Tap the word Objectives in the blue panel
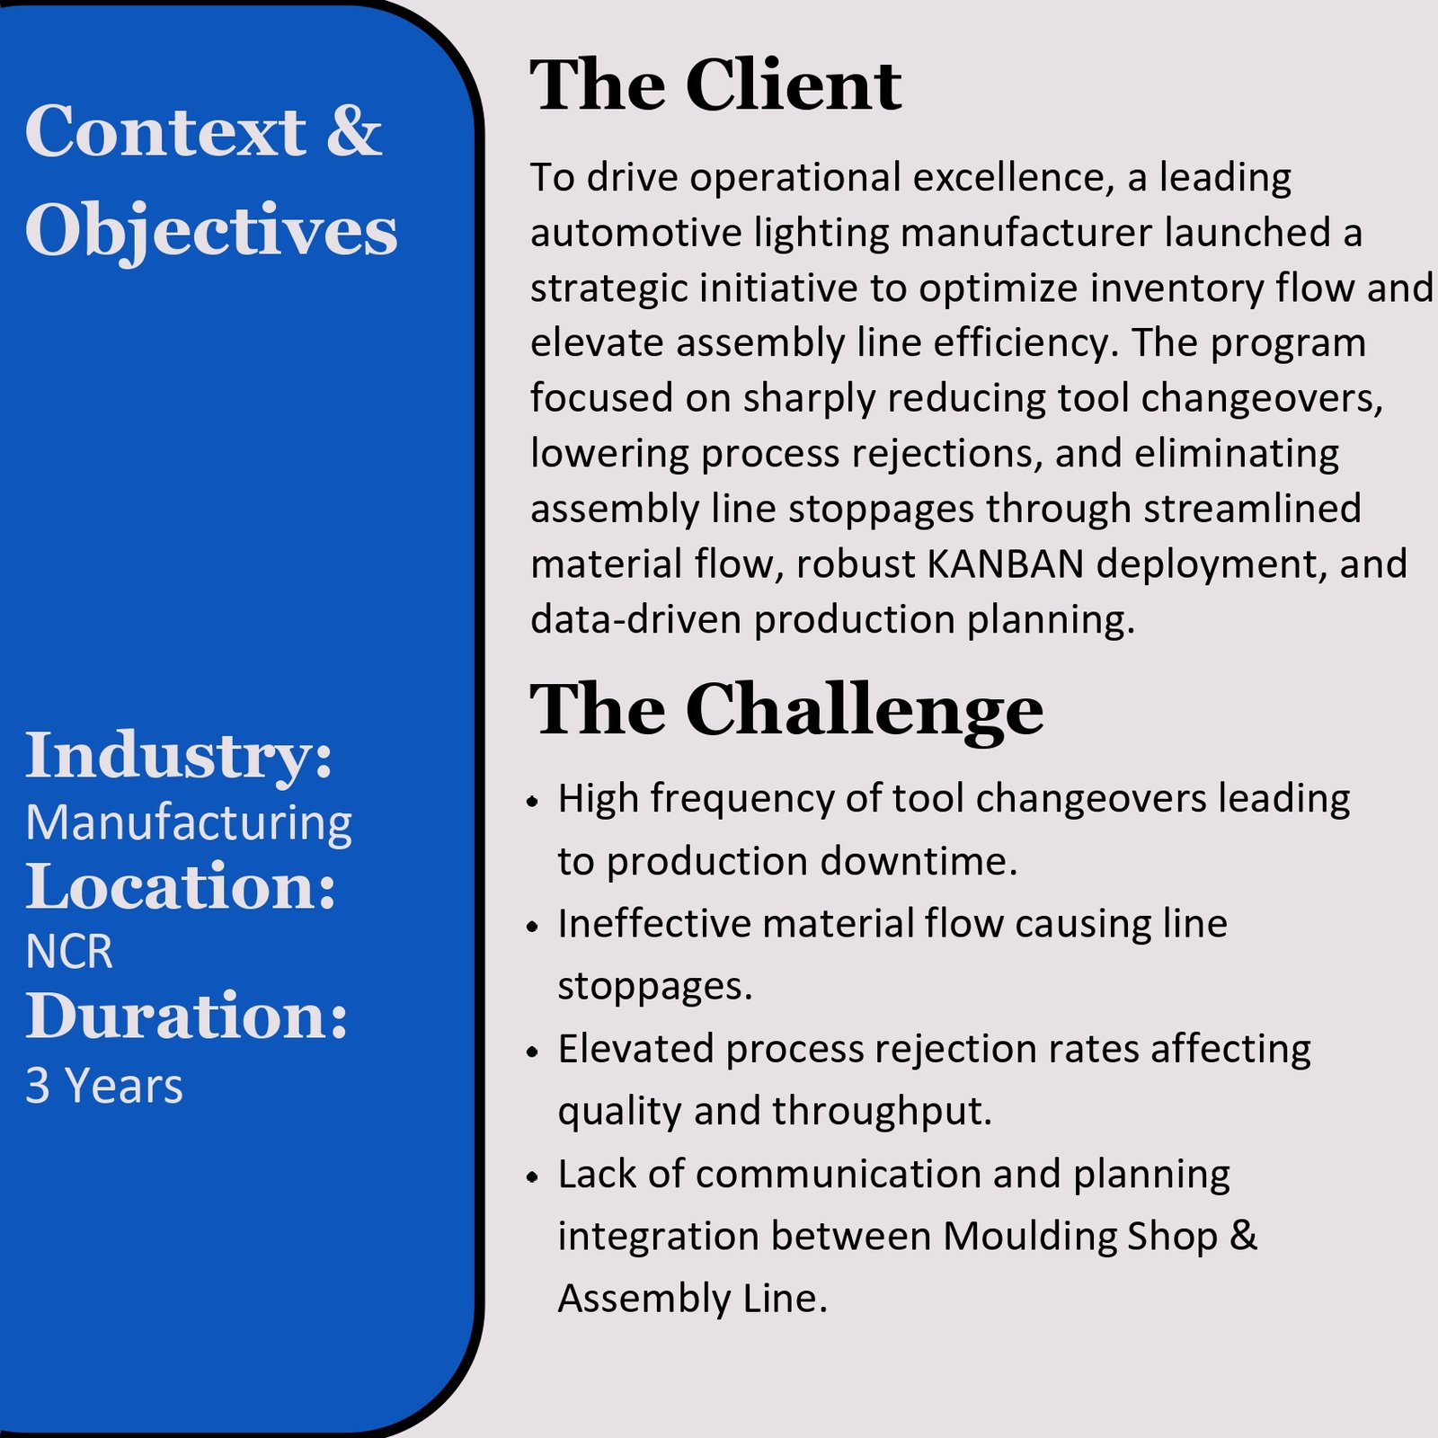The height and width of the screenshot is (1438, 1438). [211, 230]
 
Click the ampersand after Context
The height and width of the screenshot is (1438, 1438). [354, 132]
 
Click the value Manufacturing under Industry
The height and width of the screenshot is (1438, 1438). [189, 823]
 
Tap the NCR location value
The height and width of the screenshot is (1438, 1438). [69, 953]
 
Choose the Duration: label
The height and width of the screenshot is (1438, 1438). [187, 1016]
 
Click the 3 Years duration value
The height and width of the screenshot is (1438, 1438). [104, 1086]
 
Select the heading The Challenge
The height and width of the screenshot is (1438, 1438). [786, 710]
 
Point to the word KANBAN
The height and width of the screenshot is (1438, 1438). [1005, 564]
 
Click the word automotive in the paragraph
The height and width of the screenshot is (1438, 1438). [635, 233]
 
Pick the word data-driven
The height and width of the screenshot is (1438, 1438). [635, 620]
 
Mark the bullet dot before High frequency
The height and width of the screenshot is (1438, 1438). [533, 801]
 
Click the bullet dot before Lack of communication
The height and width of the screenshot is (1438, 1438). [533, 1176]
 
